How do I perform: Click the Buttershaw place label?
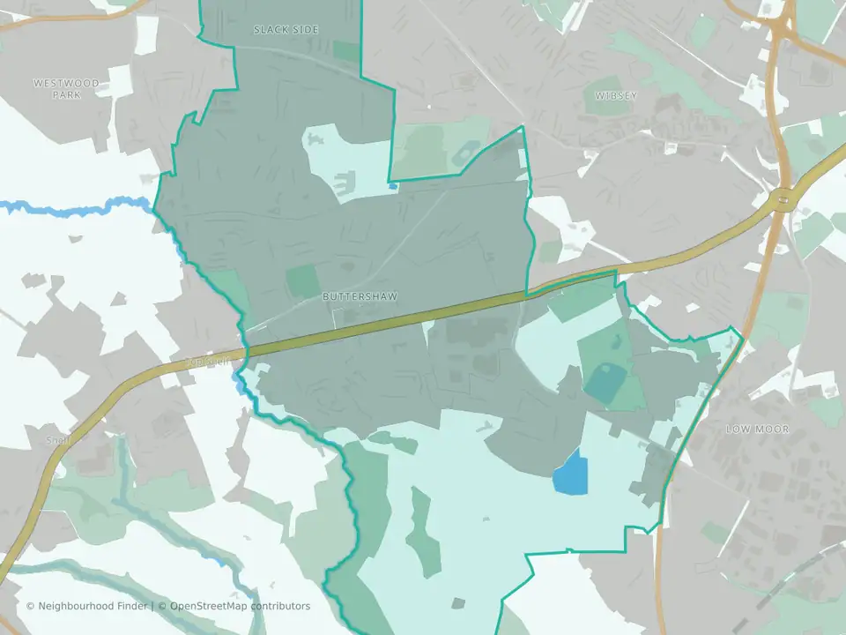coord(352,297)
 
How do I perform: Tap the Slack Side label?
coord(286,30)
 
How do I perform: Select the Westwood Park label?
coord(66,88)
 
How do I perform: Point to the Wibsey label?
coord(615,95)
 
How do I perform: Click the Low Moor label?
coord(757,430)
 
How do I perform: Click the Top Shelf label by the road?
coord(208,360)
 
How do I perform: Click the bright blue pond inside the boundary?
coord(569,473)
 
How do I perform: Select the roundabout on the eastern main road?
coord(782,201)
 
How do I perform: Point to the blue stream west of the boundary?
coord(70,208)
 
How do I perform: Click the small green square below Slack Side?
coord(346,51)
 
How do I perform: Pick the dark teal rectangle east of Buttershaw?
coord(605,381)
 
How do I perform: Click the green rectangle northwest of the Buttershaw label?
coord(303,280)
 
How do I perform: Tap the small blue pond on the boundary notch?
coord(392,186)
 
